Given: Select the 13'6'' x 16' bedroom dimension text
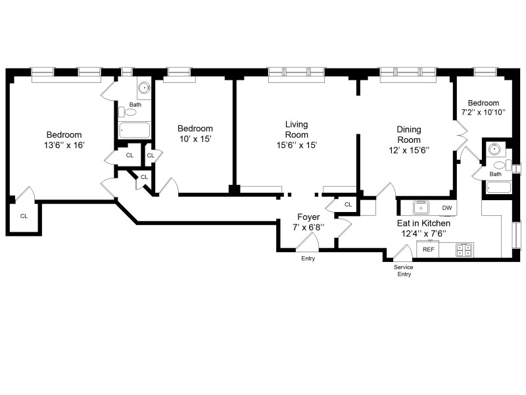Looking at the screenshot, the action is (x=63, y=145).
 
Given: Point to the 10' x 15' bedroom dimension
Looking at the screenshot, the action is (x=195, y=140).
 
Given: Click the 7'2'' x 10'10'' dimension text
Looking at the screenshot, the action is (x=483, y=113).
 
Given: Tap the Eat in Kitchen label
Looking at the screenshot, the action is (x=423, y=223).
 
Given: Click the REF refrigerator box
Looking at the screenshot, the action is (x=429, y=250).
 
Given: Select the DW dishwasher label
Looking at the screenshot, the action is (x=447, y=208).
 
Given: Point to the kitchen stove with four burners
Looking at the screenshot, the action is (x=464, y=250).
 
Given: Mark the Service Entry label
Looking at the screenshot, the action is (x=403, y=271).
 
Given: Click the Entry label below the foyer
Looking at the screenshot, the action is (x=308, y=258).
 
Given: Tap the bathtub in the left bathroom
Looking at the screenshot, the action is (x=134, y=130).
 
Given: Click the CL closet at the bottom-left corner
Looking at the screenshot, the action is (x=24, y=215).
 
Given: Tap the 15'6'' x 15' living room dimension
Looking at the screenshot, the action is (x=297, y=145).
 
